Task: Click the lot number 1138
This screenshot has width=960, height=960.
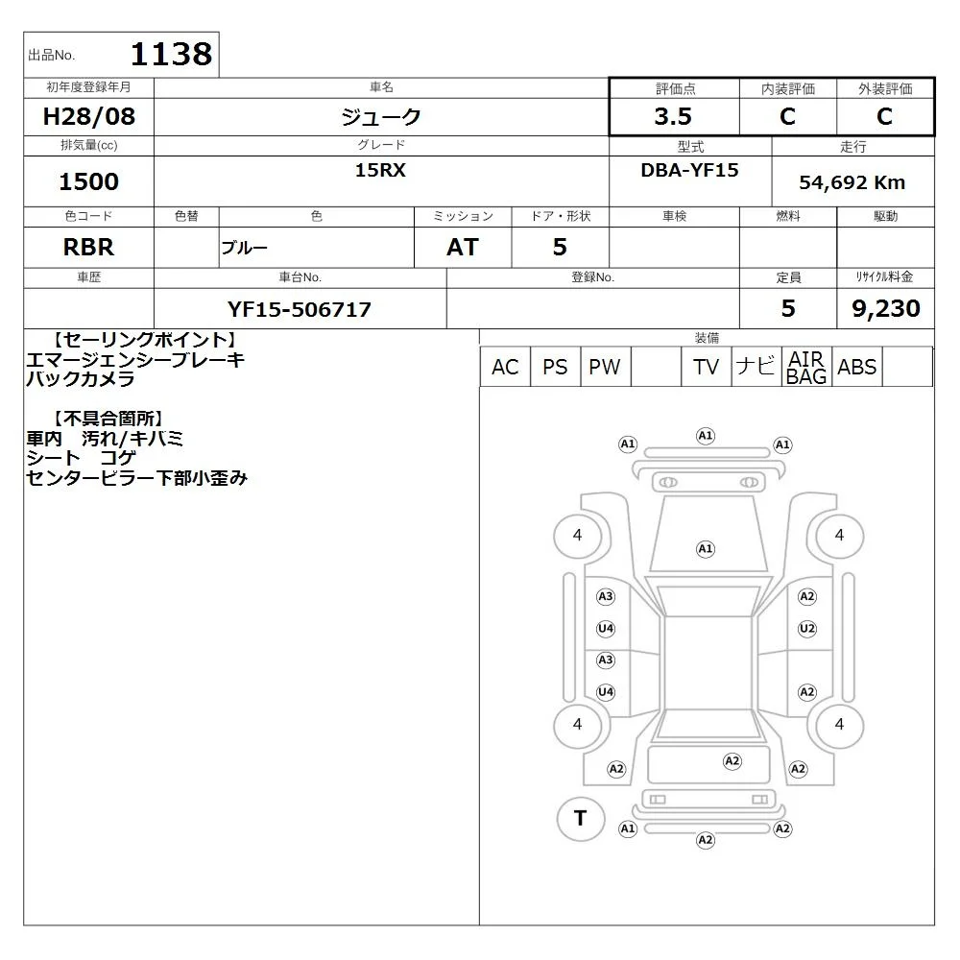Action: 172,54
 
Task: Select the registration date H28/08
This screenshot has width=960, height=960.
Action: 88,116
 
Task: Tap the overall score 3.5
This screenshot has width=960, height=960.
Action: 673,116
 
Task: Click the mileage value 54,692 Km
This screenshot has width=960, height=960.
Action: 852,182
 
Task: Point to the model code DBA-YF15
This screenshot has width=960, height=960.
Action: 689,170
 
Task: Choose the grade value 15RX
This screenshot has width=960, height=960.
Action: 380,170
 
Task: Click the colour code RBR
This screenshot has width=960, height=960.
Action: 88,248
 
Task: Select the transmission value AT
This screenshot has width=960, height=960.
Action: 463,248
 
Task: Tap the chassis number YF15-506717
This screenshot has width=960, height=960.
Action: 300,309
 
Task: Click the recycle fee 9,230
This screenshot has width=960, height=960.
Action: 886,308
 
